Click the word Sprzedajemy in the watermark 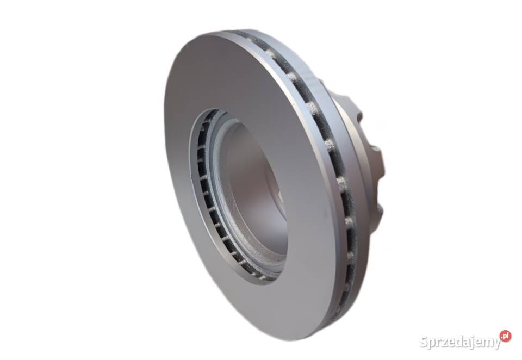(x=461, y=341)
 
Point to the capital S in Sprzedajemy (x=424, y=340)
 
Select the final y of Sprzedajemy (x=497, y=343)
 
